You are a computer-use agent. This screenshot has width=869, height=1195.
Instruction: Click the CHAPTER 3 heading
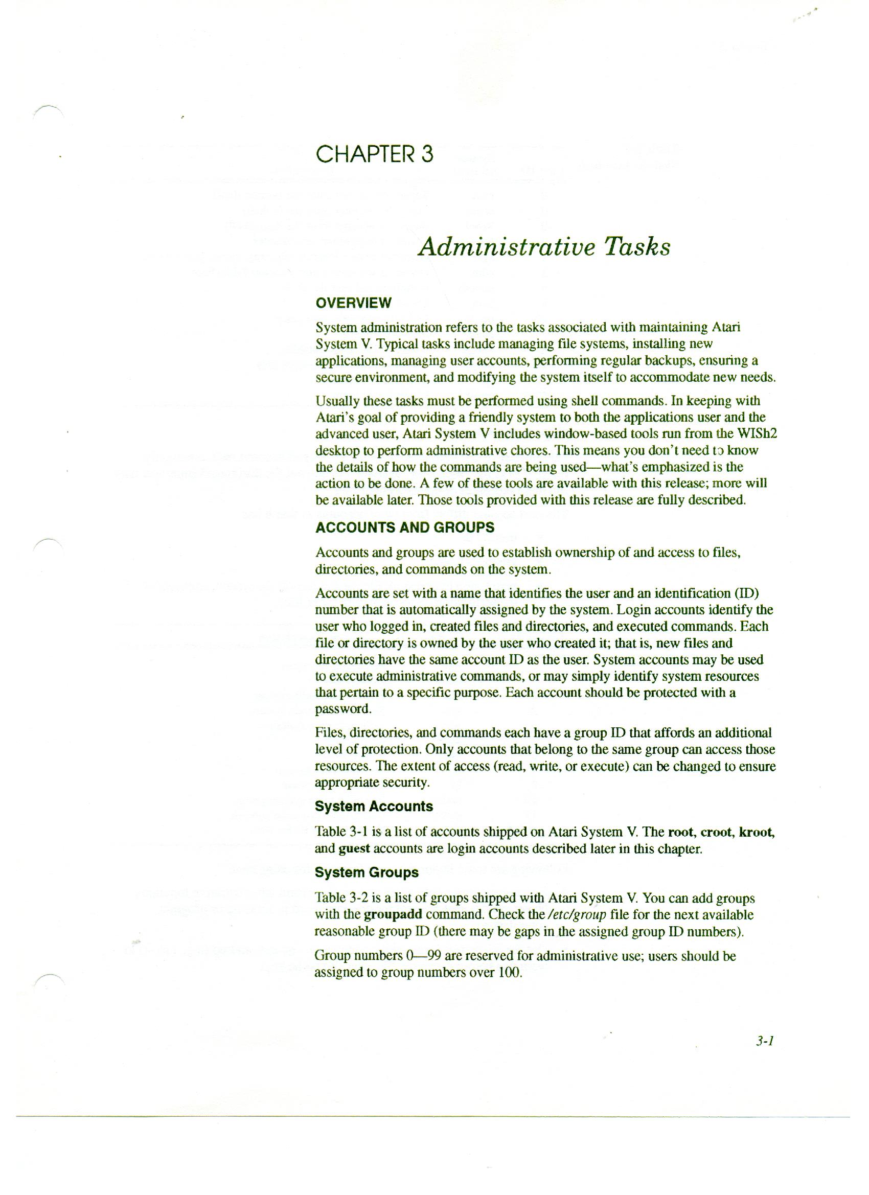[374, 154]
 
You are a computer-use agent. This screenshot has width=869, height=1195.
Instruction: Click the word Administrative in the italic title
[503, 247]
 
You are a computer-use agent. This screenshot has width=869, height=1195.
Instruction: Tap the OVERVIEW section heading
[353, 303]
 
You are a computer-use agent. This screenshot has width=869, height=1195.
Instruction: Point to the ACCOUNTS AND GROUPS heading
[404, 527]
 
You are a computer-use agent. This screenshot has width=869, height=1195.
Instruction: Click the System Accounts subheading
[374, 807]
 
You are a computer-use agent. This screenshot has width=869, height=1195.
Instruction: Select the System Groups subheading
[366, 872]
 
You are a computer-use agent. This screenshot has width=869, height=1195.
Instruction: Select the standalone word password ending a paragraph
[342, 709]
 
